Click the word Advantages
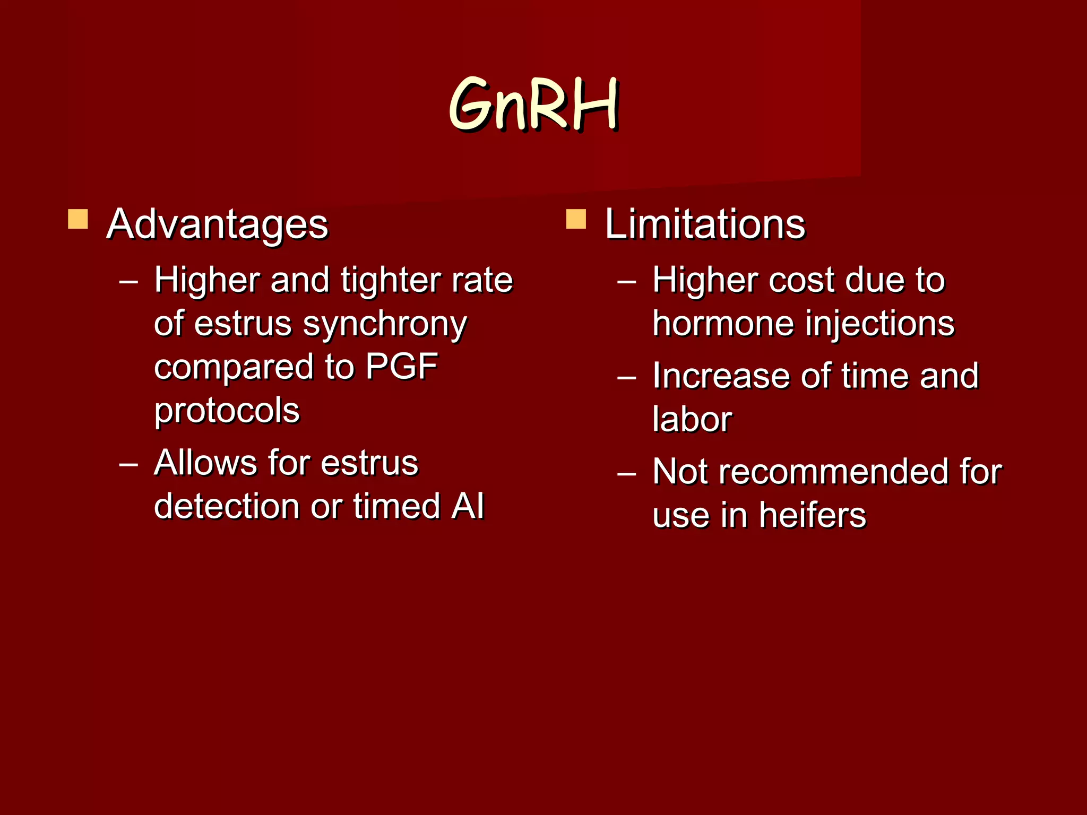coord(218,225)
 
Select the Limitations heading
coord(705,225)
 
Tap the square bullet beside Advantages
coord(78,219)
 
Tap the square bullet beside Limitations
coord(576,219)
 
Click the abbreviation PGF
coord(401,367)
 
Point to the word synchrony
coord(384,325)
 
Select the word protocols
coord(227,410)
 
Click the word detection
coord(227,506)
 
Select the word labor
coord(692,420)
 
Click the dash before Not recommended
coord(627,473)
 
